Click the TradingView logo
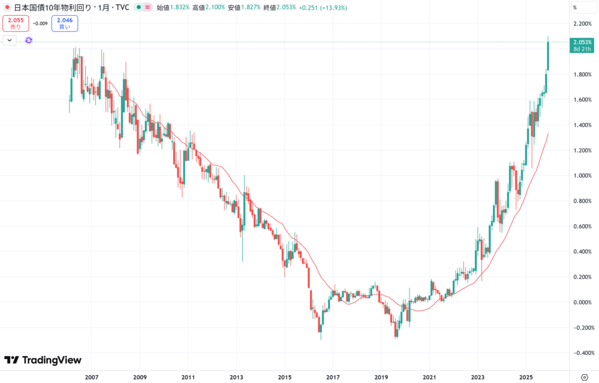[43, 360]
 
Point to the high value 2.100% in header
[215, 8]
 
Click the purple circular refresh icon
[28, 40]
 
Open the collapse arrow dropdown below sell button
[10, 40]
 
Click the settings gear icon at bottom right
[584, 377]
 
